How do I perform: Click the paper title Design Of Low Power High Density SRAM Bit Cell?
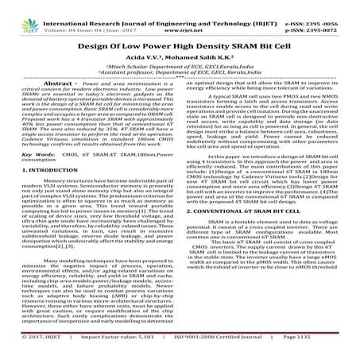click(x=180, y=40)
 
